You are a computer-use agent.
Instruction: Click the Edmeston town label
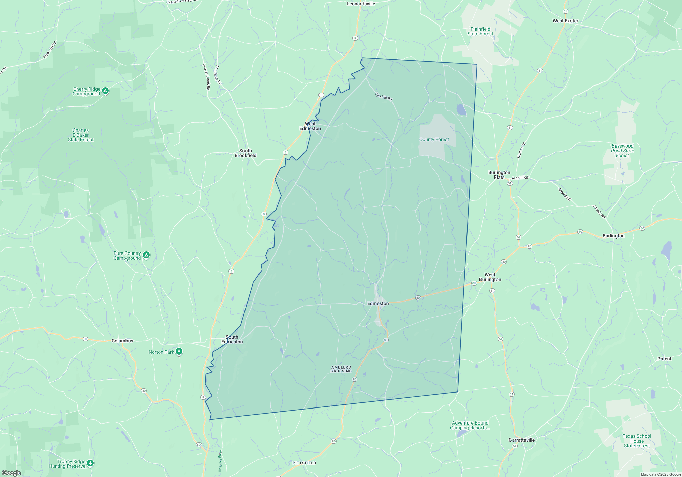378,303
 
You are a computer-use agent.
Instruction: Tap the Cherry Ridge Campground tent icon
106,91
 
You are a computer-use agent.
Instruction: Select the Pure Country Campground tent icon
146,255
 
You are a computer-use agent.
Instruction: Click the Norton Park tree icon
179,352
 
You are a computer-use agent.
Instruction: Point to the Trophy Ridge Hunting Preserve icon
90,463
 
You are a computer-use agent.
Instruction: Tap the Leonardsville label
361,4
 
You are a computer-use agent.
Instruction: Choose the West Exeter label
565,21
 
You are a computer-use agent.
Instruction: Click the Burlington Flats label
499,175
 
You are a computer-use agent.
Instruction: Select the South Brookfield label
246,153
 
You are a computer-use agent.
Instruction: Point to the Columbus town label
122,341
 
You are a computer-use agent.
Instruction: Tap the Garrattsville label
522,440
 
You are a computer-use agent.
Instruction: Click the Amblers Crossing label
341,369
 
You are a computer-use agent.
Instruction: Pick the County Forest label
434,139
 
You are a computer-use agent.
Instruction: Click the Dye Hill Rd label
384,97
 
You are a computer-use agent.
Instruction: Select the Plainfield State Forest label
480,31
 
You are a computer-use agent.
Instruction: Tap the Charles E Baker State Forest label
81,135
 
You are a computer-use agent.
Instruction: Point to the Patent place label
664,359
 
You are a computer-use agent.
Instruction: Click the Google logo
11,473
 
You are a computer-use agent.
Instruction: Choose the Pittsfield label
304,463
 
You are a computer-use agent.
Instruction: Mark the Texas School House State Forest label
637,441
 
